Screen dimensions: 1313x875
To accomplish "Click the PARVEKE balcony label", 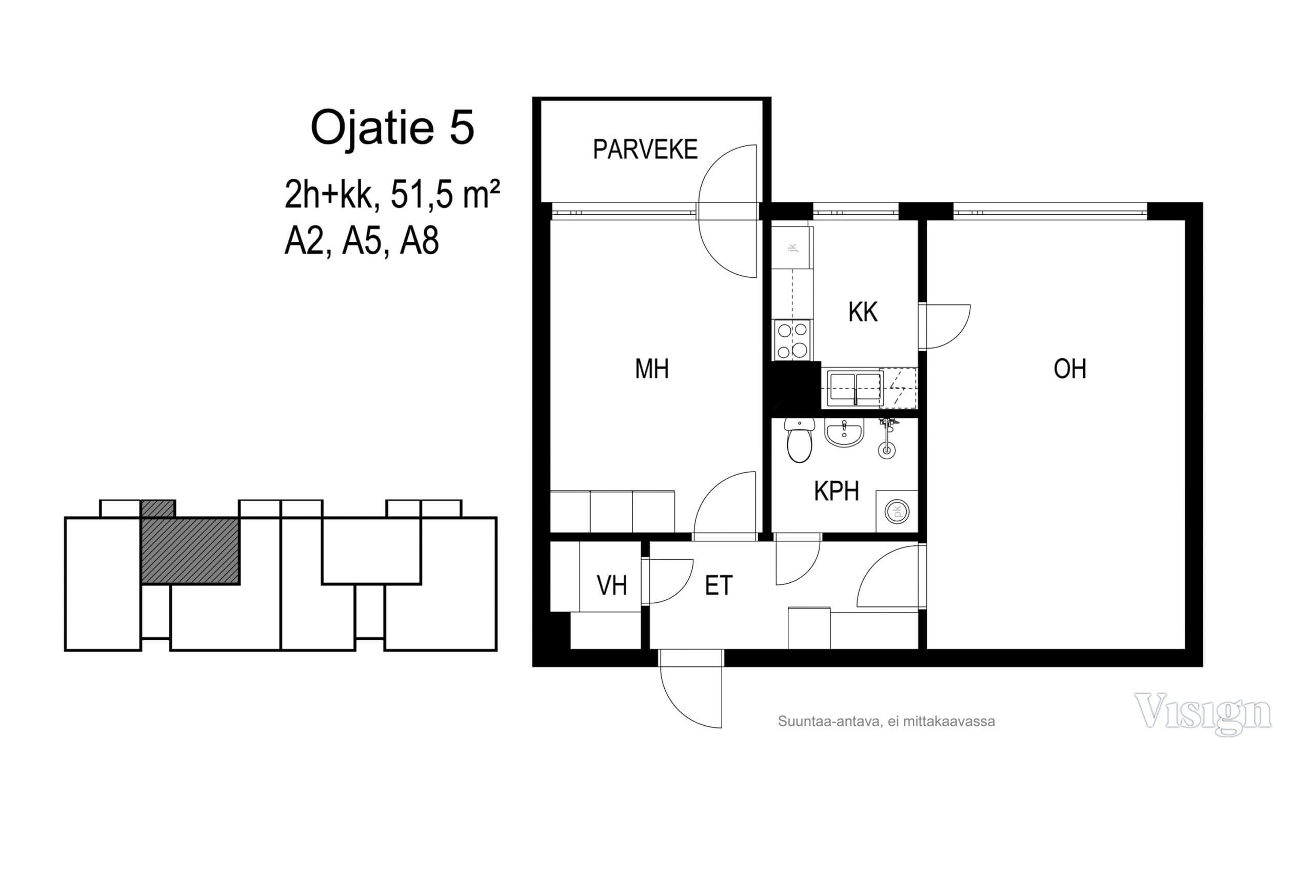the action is click(x=645, y=150).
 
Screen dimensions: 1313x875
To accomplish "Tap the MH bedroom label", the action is click(x=651, y=369).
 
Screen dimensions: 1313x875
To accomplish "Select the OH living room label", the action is click(x=1069, y=369).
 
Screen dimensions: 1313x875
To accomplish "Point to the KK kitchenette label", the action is click(x=863, y=312).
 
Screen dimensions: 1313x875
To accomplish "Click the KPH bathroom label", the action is click(x=836, y=491).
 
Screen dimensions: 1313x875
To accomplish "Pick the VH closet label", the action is click(x=611, y=585).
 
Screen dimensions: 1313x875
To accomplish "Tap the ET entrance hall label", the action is click(x=718, y=585).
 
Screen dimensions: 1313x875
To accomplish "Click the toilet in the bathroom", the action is click(x=800, y=440).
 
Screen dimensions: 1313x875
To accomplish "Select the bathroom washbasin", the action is click(x=844, y=433).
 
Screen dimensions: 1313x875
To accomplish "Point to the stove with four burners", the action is click(x=792, y=340).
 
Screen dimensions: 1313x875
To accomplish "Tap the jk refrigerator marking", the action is click(x=793, y=247).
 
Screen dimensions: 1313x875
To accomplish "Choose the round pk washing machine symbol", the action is click(x=897, y=511).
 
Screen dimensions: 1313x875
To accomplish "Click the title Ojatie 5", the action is click(x=392, y=128).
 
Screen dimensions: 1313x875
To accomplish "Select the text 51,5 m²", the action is click(x=445, y=194).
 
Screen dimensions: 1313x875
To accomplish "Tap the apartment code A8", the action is click(x=419, y=240).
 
